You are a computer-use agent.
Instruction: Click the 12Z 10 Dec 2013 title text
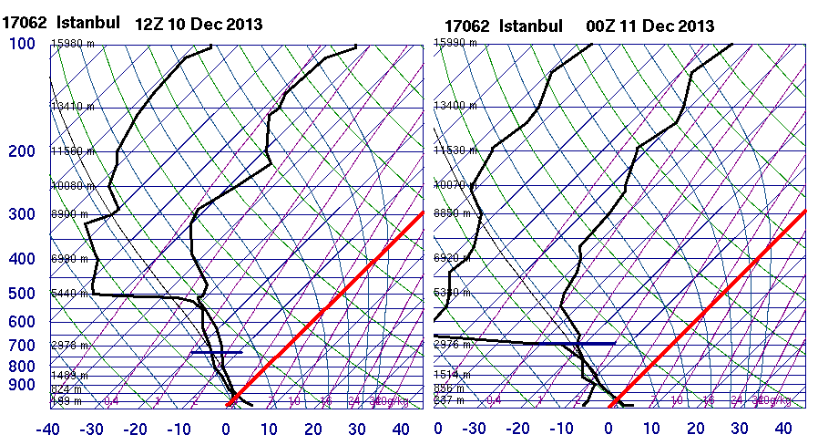pyautogui.click(x=199, y=24)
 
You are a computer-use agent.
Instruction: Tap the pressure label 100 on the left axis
pyautogui.click(x=23, y=44)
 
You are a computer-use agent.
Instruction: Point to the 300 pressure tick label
pyautogui.click(x=23, y=214)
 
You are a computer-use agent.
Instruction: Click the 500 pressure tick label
pyautogui.click(x=23, y=294)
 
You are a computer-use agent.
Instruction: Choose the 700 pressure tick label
pyautogui.click(x=23, y=346)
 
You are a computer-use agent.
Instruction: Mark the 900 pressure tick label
pyautogui.click(x=23, y=386)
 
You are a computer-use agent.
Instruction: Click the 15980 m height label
pyautogui.click(x=73, y=43)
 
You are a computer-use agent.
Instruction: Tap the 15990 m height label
pyautogui.click(x=455, y=43)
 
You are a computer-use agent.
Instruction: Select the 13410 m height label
pyautogui.click(x=73, y=106)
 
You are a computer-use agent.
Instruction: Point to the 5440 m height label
pyautogui.click(x=69, y=294)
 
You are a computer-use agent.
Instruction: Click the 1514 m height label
pyautogui.click(x=453, y=374)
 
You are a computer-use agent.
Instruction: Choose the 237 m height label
pyautogui.click(x=449, y=399)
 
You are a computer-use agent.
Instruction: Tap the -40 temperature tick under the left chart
pyautogui.click(x=49, y=429)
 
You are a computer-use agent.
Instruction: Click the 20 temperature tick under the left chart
pyautogui.click(x=313, y=429)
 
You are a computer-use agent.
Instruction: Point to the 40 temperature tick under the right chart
pyautogui.click(x=783, y=429)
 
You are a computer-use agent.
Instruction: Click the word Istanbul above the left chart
pyautogui.click(x=88, y=23)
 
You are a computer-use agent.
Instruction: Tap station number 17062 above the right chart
pyautogui.click(x=465, y=26)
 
